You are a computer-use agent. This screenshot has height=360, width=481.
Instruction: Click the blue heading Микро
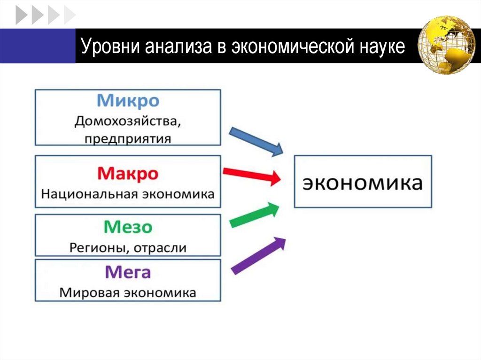[128, 101]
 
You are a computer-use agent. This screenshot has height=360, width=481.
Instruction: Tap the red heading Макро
[128, 174]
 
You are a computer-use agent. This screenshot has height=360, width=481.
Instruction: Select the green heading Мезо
[128, 228]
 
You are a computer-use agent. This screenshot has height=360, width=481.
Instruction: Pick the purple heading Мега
[128, 272]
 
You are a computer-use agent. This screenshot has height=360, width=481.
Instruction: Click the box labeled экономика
[362, 182]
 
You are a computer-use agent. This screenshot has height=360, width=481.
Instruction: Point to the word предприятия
[128, 138]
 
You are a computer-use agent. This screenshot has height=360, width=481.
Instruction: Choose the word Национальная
[87, 194]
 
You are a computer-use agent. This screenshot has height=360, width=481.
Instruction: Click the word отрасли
[160, 247]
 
